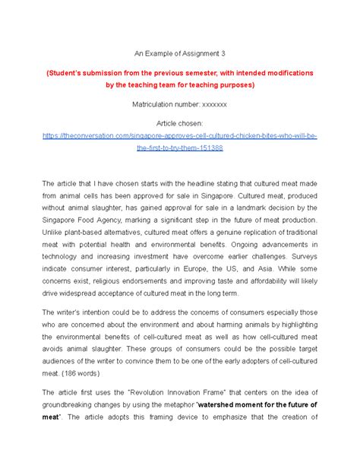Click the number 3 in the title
tap(225, 54)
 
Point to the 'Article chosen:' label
tap(179, 121)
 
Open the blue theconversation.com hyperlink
tap(179, 134)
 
